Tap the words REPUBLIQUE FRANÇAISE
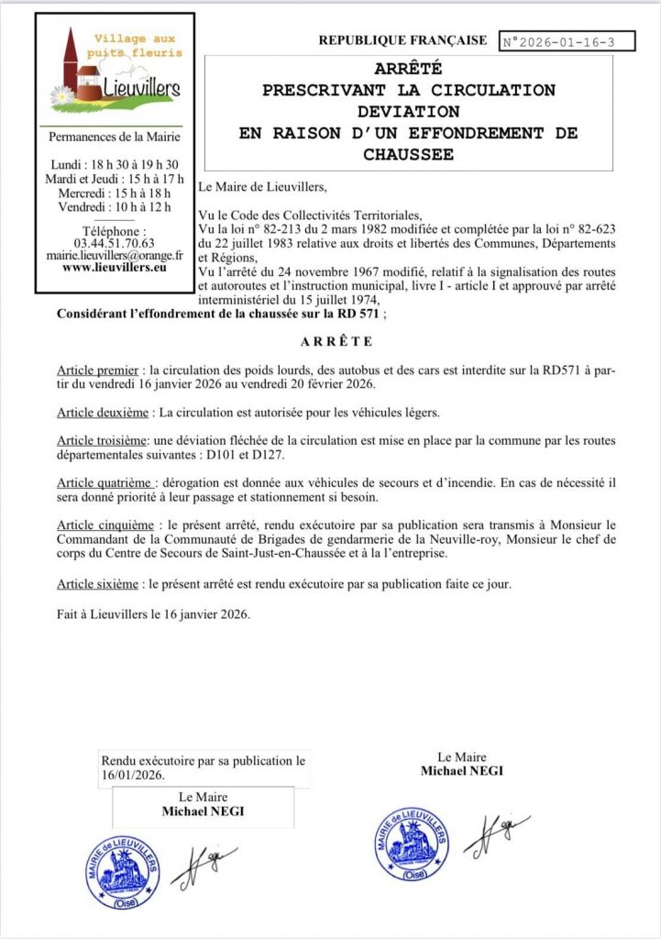pyautogui.click(x=402, y=40)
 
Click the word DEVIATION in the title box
pyautogui.click(x=408, y=111)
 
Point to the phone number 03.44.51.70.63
pyautogui.click(x=114, y=244)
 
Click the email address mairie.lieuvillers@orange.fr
pyautogui.click(x=115, y=257)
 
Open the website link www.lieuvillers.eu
pyautogui.click(x=115, y=270)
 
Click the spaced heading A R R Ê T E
pyautogui.click(x=336, y=342)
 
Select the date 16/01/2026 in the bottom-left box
pyautogui.click(x=132, y=776)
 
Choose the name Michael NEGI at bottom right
pyautogui.click(x=462, y=771)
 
